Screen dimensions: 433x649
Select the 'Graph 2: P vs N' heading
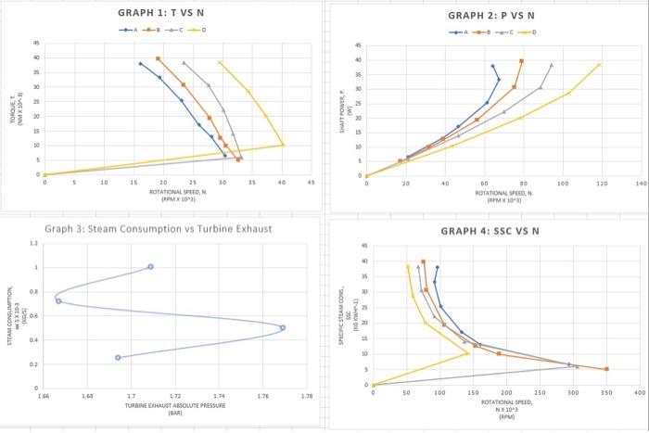[490, 16]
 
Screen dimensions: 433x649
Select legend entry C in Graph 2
[503, 32]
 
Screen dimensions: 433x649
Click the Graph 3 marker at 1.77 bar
[283, 327]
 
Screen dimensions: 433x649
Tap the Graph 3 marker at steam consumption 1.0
[150, 267]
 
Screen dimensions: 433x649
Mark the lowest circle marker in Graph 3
[118, 357]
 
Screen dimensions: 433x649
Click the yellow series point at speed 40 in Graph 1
[283, 145]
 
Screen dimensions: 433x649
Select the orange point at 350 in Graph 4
[606, 369]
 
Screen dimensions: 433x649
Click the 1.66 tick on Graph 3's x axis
[43, 396]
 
